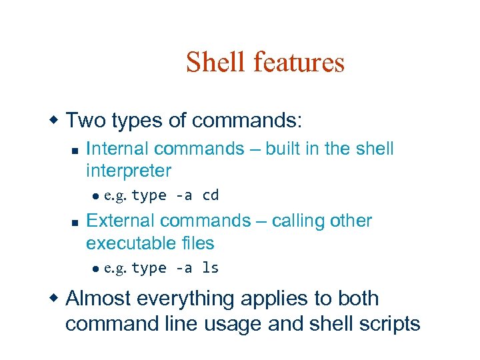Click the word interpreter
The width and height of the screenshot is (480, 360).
click(x=129, y=171)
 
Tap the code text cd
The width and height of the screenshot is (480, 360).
click(x=211, y=195)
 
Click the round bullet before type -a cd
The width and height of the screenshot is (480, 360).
click(x=95, y=196)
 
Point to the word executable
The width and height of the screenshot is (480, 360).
click(x=129, y=243)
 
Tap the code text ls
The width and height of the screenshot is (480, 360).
click(x=211, y=268)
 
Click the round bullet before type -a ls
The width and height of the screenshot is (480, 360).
click(x=95, y=269)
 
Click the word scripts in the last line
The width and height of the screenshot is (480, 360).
click(x=389, y=324)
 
